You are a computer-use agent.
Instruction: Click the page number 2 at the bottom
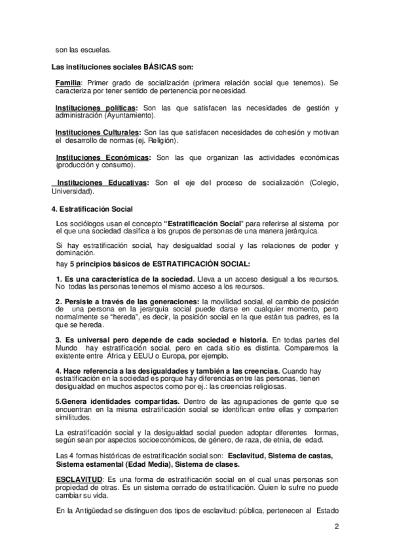tap(337, 526)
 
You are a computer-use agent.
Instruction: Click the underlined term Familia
tap(68, 84)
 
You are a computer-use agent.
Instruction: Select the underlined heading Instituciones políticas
tap(96, 108)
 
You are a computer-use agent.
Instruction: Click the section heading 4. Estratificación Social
tap(92, 208)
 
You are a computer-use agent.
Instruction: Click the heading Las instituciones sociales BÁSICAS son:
tap(122, 66)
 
